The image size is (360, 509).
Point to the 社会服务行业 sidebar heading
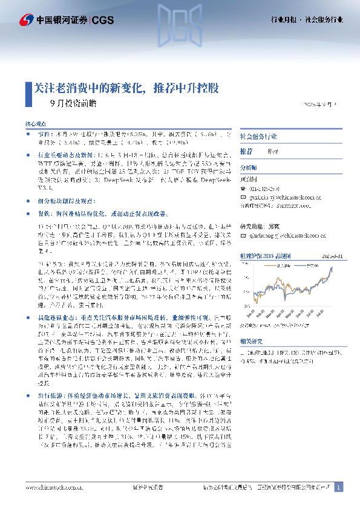(260, 137)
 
